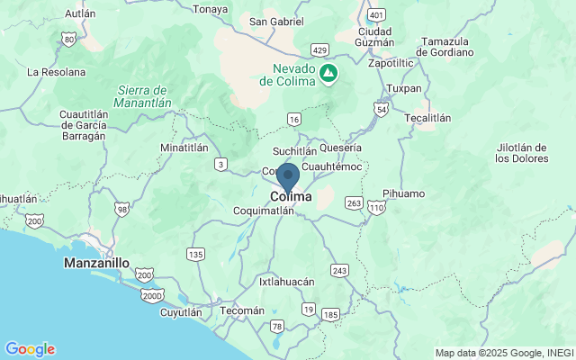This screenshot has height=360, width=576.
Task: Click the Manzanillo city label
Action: tap(96, 264)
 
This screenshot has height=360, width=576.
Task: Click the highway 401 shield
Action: tap(376, 15)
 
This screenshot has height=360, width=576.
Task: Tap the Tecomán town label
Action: tap(243, 310)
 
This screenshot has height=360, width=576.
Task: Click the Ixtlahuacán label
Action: tap(287, 282)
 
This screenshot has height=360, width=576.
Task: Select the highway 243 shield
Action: tap(339, 270)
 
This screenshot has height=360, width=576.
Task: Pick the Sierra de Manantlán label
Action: tap(144, 96)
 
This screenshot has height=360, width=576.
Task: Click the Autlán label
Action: tap(81, 13)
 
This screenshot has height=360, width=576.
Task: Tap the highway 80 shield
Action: tap(69, 39)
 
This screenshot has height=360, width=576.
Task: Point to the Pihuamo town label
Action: tap(403, 193)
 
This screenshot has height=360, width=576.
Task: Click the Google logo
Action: tap(30, 349)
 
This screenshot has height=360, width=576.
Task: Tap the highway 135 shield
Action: tap(195, 255)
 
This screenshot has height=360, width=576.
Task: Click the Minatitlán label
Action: tap(184, 148)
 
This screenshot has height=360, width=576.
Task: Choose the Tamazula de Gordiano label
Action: tap(448, 47)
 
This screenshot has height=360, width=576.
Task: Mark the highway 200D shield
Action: tap(152, 294)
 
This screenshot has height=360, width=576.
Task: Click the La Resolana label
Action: tap(56, 71)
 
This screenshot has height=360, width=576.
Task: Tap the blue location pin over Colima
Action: tap(288, 176)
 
